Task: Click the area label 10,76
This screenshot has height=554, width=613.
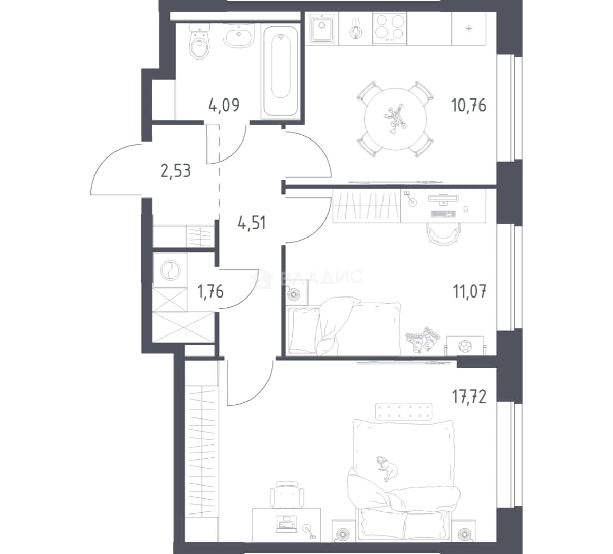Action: pyautogui.click(x=469, y=105)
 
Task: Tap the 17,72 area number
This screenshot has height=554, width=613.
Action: pyautogui.click(x=469, y=397)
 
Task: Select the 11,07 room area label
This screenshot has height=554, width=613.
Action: pyautogui.click(x=470, y=291)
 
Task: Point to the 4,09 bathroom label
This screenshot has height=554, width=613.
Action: pyautogui.click(x=224, y=105)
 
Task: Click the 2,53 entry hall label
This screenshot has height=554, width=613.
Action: pyautogui.click(x=176, y=171)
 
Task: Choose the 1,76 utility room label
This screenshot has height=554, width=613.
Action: pyautogui.click(x=210, y=291)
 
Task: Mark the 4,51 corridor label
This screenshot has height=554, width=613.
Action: pyautogui.click(x=252, y=223)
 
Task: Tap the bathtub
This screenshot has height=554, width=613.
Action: pyautogui.click(x=280, y=71)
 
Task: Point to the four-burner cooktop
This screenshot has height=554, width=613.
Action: pyautogui.click(x=390, y=28)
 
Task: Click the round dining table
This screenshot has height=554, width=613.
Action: pyautogui.click(x=395, y=119)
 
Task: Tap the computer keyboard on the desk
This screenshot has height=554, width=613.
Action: pyautogui.click(x=443, y=214)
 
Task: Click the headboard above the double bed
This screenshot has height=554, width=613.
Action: pyautogui.click(x=404, y=411)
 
